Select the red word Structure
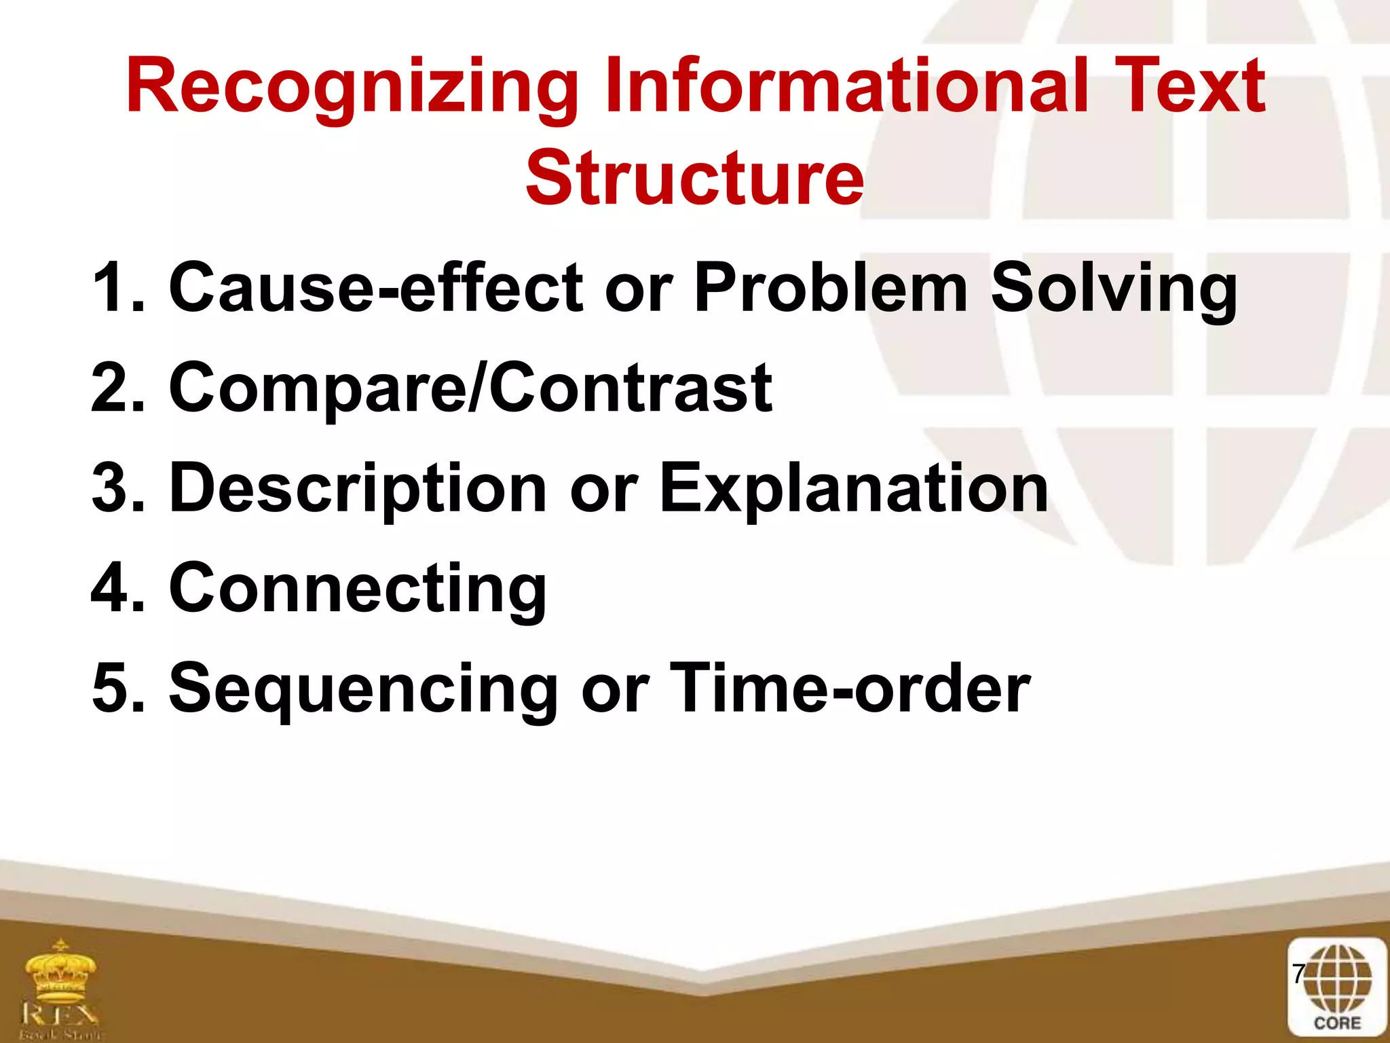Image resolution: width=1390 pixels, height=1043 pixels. pos(694,178)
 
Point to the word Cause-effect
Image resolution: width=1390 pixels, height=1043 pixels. pos(375,288)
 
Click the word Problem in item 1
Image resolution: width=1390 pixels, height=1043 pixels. pos(830,288)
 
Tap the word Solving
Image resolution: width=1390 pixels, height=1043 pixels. pos(1113,289)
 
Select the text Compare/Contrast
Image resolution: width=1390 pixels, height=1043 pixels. pos(470,388)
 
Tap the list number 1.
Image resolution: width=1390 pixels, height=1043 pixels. pos(109,288)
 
